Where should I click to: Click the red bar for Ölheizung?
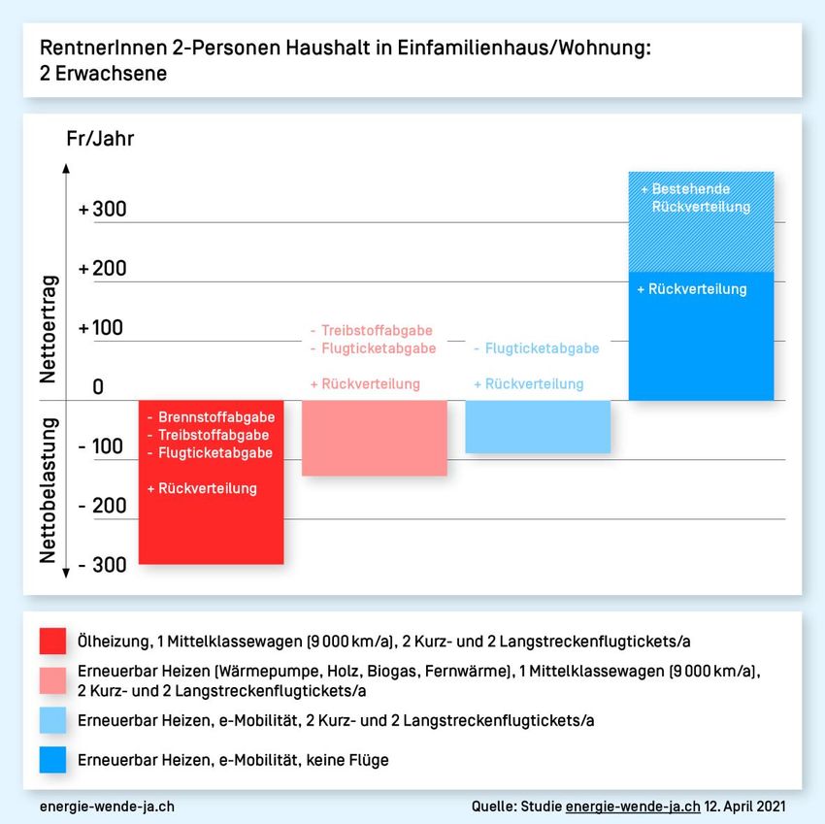click(x=212, y=524)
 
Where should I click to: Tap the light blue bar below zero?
click(x=538, y=426)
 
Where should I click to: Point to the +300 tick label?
click(x=103, y=210)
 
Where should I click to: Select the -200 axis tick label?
click(x=103, y=506)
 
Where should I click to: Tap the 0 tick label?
click(x=98, y=387)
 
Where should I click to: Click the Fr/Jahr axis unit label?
click(x=100, y=139)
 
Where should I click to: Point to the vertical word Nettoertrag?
click(x=49, y=329)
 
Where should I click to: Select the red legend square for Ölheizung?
click(x=53, y=641)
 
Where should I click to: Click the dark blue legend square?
click(x=53, y=760)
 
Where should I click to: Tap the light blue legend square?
click(x=53, y=720)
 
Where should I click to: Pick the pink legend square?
click(x=53, y=680)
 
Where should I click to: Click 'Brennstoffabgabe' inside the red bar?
click(x=216, y=417)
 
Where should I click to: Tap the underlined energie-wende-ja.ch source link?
click(x=632, y=807)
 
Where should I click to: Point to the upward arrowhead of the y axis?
click(x=66, y=168)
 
